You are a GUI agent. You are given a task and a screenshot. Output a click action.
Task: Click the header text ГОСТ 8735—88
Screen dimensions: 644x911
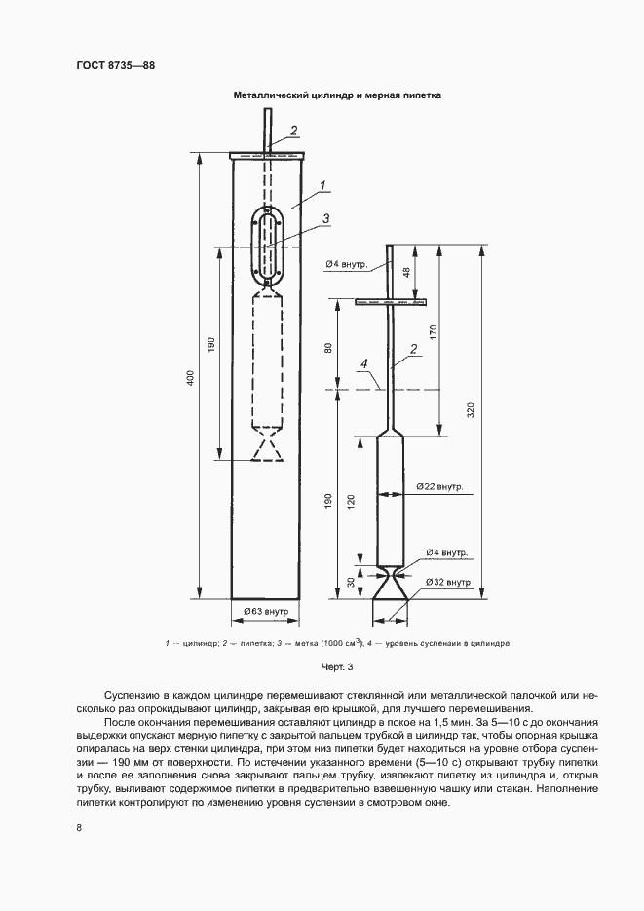pyautogui.click(x=116, y=65)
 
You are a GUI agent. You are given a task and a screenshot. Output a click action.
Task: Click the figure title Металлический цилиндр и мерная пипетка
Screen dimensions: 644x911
pyautogui.click(x=337, y=95)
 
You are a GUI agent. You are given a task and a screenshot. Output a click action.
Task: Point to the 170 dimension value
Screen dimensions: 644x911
pyautogui.click(x=433, y=333)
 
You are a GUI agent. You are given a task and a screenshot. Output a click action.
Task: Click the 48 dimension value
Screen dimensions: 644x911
pyautogui.click(x=406, y=272)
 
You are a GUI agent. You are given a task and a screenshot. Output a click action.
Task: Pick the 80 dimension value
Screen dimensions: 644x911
pyautogui.click(x=328, y=348)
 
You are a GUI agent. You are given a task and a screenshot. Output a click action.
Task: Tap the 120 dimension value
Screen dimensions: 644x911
pyautogui.click(x=350, y=501)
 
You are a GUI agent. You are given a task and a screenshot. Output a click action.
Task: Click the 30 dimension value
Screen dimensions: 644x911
pyautogui.click(x=350, y=581)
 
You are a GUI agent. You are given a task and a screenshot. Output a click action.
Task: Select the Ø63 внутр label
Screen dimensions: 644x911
pyautogui.click(x=266, y=611)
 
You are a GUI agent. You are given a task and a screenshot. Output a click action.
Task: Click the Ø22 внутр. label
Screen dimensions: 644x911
pyautogui.click(x=440, y=487)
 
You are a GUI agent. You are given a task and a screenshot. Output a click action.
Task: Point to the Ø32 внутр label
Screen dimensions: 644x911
pyautogui.click(x=448, y=582)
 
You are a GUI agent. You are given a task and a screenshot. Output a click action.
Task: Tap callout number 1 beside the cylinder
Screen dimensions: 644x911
pyautogui.click(x=322, y=186)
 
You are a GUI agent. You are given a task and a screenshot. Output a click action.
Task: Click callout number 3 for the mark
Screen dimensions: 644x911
pyautogui.click(x=326, y=218)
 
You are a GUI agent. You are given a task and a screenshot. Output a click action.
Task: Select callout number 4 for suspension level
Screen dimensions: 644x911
pyautogui.click(x=364, y=363)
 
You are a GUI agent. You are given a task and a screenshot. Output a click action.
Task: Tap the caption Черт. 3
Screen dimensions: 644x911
pyautogui.click(x=337, y=667)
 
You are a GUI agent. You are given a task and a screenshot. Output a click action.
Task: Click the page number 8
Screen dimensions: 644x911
pyautogui.click(x=79, y=827)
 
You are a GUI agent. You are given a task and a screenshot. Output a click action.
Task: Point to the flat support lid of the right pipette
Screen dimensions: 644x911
pyautogui.click(x=391, y=301)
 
